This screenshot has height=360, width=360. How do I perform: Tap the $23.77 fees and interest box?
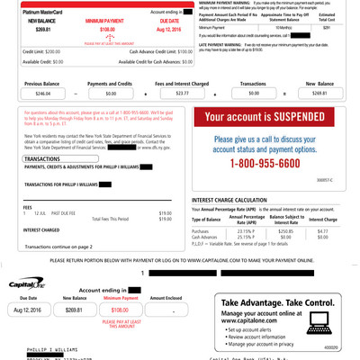pyautogui.click(x=183, y=93)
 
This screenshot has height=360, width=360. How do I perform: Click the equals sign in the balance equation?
pyautogui.click(x=284, y=93)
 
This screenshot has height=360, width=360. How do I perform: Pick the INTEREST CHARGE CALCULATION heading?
pyautogui.click(x=237, y=200)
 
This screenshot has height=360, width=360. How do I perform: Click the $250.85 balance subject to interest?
pyautogui.click(x=286, y=231)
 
